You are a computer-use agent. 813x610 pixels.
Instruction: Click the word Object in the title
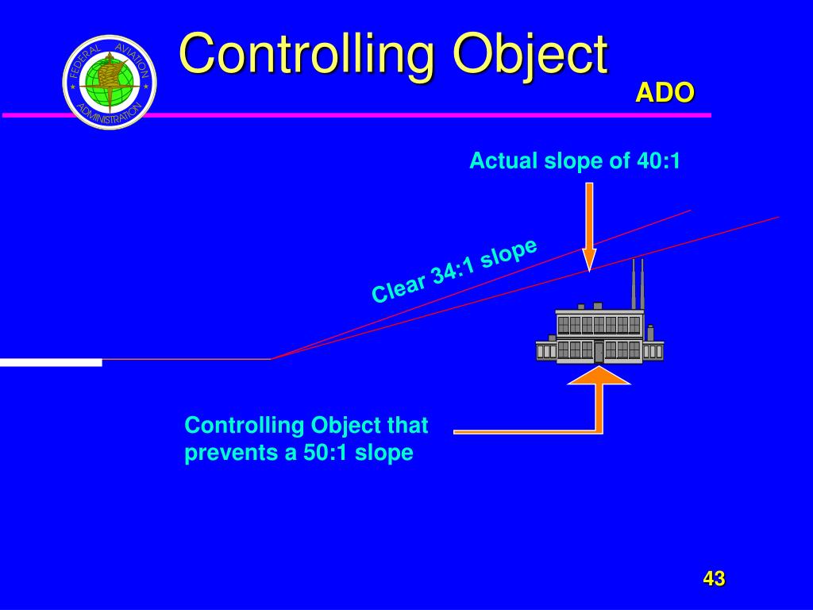click(x=530, y=54)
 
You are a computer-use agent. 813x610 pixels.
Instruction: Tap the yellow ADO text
click(x=665, y=93)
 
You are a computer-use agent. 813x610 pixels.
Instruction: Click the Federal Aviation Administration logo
click(x=110, y=82)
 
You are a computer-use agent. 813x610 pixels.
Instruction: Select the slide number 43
click(x=714, y=579)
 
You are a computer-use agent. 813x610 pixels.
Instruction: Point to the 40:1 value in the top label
click(x=658, y=161)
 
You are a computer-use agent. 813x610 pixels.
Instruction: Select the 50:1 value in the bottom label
click(x=326, y=454)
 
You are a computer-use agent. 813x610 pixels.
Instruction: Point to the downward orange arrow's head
click(x=589, y=260)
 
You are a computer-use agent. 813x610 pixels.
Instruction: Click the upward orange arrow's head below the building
click(x=599, y=376)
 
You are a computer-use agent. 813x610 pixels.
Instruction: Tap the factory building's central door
click(x=599, y=351)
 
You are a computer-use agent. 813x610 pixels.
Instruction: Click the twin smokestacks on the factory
click(x=638, y=284)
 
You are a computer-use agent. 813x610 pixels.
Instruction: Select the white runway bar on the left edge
click(x=51, y=362)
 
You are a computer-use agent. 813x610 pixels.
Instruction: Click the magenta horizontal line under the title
click(x=357, y=115)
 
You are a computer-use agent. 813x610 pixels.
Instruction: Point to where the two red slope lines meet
click(x=272, y=359)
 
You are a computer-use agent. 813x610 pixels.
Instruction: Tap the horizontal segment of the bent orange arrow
click(x=524, y=431)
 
